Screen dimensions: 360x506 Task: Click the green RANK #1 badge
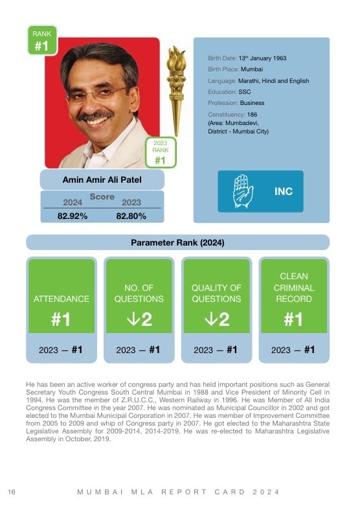click(x=41, y=40)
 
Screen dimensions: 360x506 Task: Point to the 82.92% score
click(x=73, y=216)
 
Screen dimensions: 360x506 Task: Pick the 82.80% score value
click(x=131, y=216)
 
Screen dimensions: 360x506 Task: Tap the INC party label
click(x=284, y=192)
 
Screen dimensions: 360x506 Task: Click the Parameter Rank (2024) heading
click(x=177, y=243)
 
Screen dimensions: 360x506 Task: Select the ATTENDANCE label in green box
click(x=62, y=299)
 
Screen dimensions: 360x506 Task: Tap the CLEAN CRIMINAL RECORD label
click(x=293, y=288)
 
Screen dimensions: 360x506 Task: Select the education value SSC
click(x=245, y=92)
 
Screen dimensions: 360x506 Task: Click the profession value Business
click(x=252, y=103)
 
